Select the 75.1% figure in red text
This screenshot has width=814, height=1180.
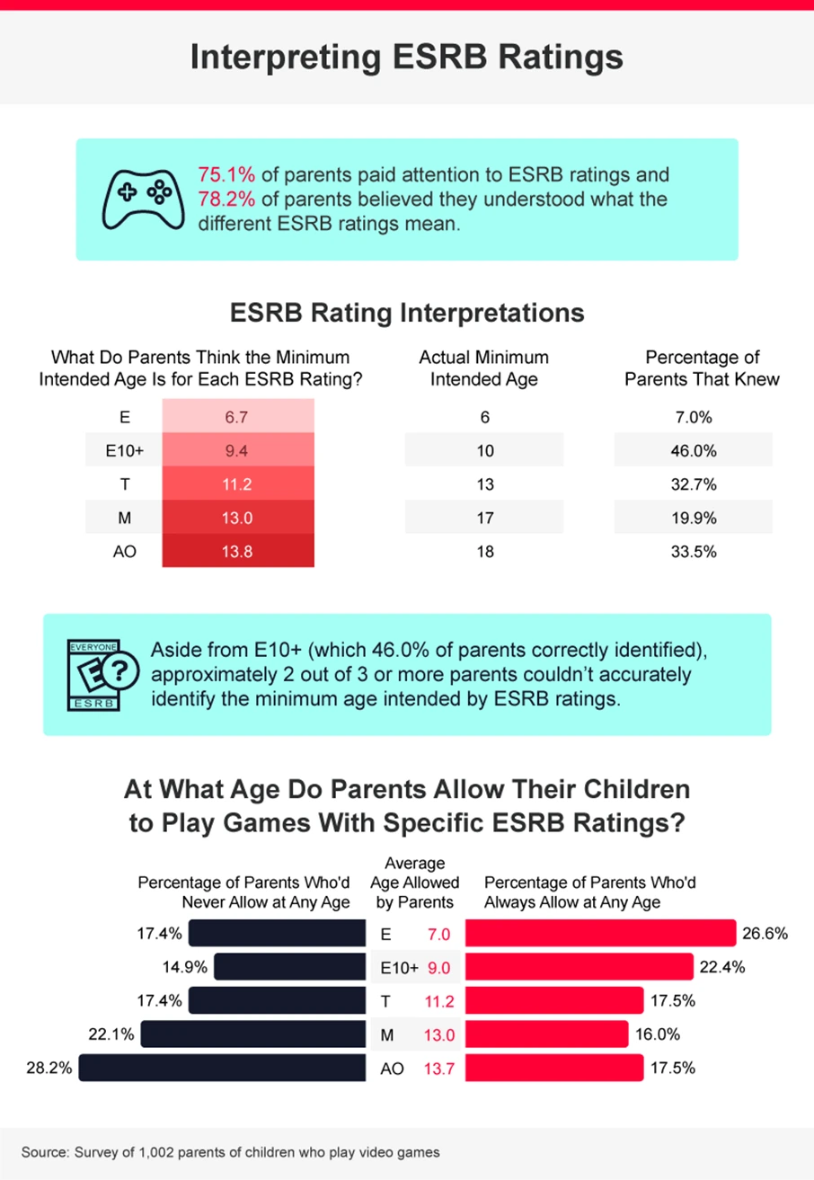225,174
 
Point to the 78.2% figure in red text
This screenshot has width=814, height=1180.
225,199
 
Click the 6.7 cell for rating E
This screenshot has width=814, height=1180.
237,418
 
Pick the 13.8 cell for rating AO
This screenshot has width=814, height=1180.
237,552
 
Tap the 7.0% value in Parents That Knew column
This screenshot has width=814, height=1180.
692,418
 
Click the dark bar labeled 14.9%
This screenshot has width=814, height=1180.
291,967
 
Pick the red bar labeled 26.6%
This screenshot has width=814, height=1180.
600,934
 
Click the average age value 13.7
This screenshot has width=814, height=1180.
438,1069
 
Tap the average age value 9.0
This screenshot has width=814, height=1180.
438,968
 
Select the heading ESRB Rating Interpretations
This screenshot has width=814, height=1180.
407,314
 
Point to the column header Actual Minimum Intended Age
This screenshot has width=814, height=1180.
483,368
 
